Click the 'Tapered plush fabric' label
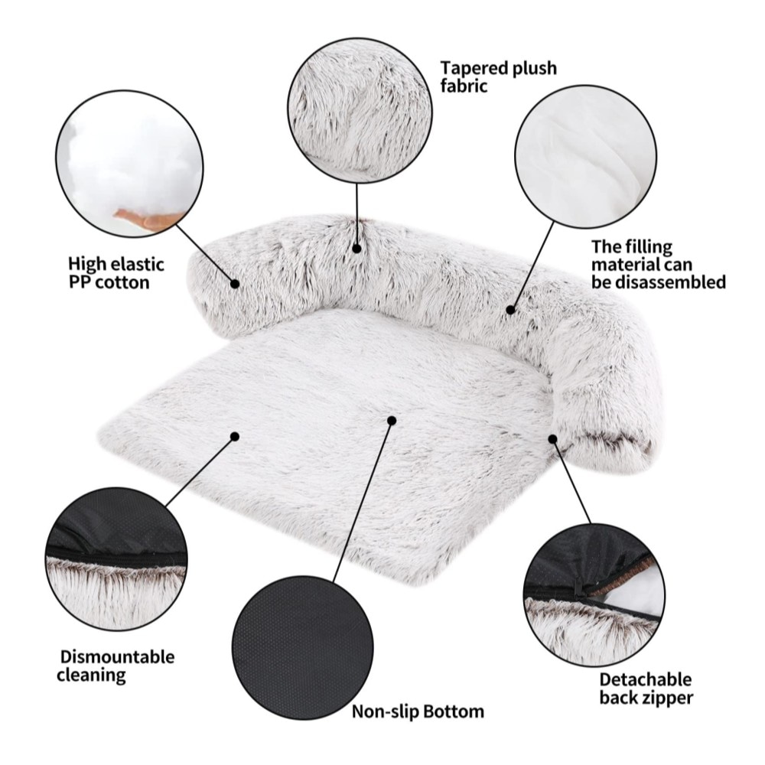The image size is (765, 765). coord(498,76)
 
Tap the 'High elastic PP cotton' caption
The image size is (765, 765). coord(116,273)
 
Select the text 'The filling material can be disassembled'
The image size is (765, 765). coord(659,265)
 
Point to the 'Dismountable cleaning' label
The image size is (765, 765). coord(116,666)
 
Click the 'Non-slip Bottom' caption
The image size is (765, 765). coord(418,711)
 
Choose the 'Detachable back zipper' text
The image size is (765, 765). coord(646,688)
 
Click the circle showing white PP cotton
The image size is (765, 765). coord(129,164)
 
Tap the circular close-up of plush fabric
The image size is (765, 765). coord(360,110)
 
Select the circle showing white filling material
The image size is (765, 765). coord(585,157)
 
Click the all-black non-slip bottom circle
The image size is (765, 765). coord(303,647)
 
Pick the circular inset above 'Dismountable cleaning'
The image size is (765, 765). coord(116,558)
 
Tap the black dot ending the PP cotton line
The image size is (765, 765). coord(235,284)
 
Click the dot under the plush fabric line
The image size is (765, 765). coord(356,249)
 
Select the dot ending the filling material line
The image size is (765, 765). coord(511,309)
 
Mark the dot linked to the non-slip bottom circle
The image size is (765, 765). coord(391,420)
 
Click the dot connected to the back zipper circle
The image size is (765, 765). coord(553,438)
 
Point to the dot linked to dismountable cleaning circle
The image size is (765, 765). coord(235,436)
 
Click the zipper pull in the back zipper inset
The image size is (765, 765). coord(579,587)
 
